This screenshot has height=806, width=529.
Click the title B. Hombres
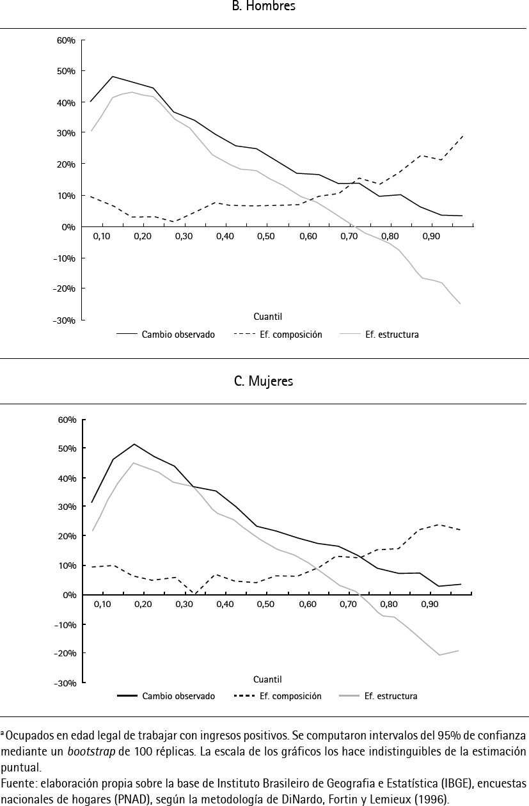[x=264, y=6]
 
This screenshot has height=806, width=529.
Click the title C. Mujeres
[x=264, y=381]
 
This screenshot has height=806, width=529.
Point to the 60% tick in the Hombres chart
[x=67, y=40]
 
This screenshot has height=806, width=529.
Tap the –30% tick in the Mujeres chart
[x=67, y=683]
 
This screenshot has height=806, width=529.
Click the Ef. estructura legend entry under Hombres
[x=391, y=335]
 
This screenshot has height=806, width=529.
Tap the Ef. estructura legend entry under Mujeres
[x=390, y=696]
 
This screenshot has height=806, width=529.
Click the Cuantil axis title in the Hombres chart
[x=268, y=317]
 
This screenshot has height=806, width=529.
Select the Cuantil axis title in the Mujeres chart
[x=267, y=679]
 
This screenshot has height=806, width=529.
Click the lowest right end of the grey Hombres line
[x=460, y=303]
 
